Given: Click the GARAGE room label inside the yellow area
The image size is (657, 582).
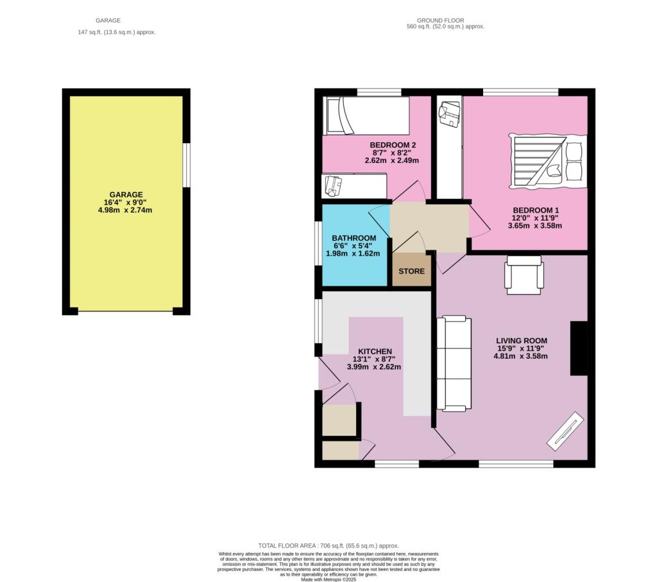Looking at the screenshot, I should [126, 194].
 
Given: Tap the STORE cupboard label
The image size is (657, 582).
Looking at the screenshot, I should [411, 271].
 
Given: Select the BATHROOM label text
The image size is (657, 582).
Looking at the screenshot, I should [354, 238].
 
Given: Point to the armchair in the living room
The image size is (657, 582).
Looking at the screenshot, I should [525, 275].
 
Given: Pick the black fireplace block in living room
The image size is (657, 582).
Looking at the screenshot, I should [579, 348].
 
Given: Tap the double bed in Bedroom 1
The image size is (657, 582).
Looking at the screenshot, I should [547, 161].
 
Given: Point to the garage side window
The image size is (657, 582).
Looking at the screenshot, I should [186, 165].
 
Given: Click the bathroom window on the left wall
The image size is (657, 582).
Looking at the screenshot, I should [318, 243].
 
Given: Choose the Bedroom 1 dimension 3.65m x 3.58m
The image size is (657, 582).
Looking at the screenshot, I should [535, 226].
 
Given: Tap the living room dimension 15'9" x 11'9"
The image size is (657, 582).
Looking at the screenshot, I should [520, 348].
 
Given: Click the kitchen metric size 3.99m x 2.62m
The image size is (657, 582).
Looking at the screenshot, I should [374, 367].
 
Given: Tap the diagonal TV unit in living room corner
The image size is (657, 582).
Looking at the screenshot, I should [565, 429].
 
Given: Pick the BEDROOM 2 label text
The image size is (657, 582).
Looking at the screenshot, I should [393, 145].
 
